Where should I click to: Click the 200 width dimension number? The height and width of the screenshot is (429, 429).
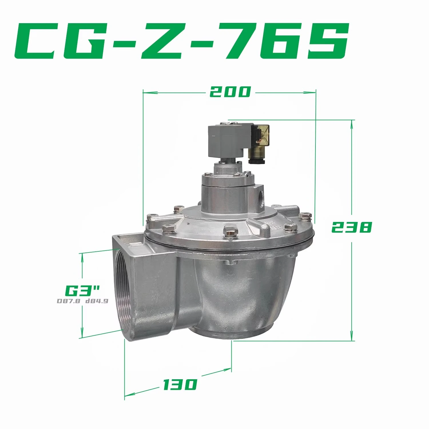tap(230, 92)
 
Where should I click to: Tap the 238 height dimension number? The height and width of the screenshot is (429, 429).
tap(351, 227)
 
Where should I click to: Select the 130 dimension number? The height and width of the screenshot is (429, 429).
tap(180, 384)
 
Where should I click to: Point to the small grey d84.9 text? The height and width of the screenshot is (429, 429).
tap(97, 301)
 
